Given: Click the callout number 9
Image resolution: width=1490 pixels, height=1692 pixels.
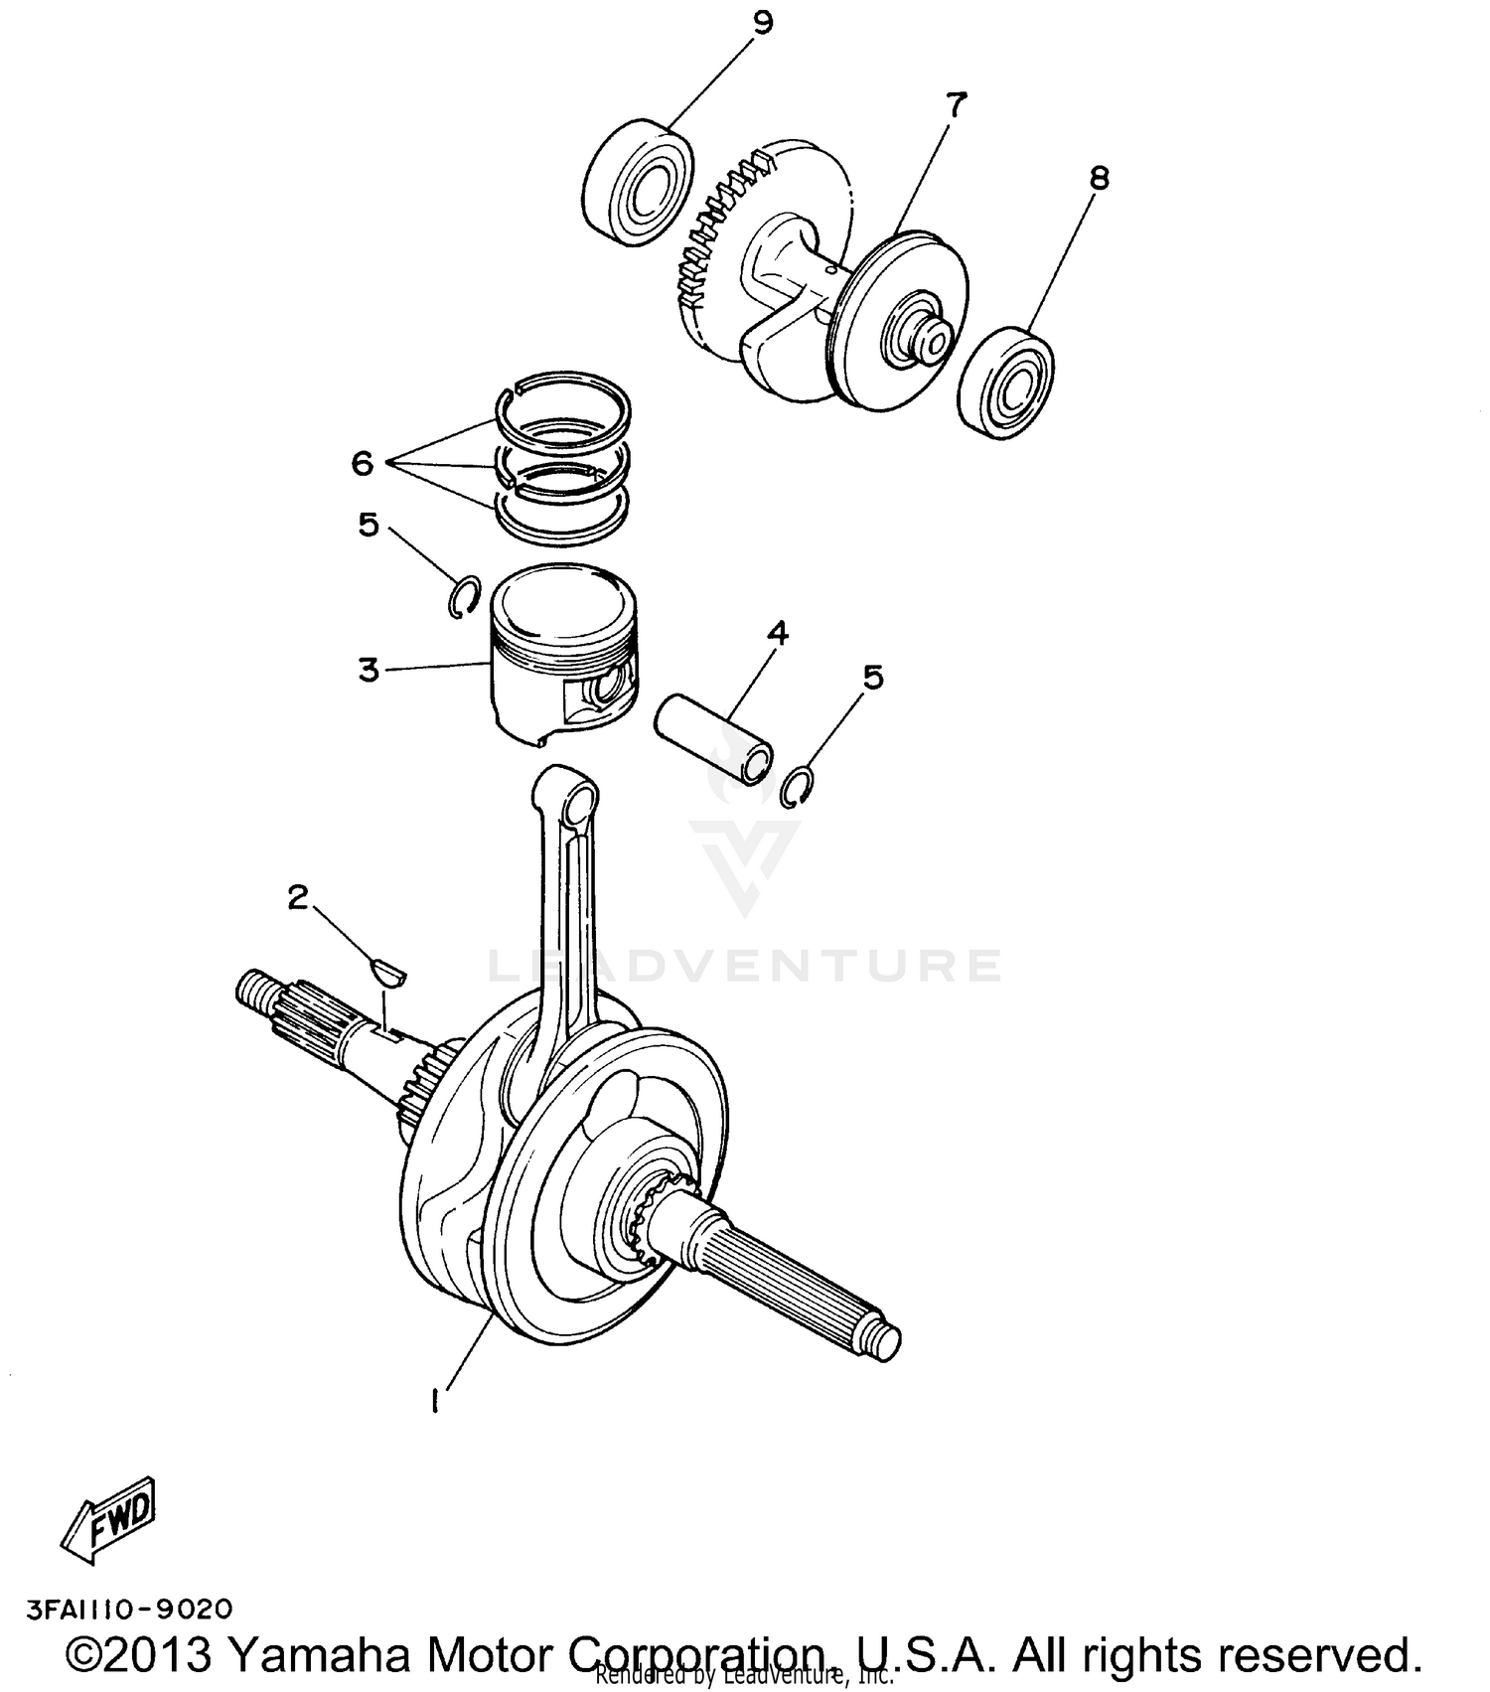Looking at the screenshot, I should tap(762, 23).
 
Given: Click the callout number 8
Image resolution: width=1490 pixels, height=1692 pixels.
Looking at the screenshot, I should tap(1099, 178).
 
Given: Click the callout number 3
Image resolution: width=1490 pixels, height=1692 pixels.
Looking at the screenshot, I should tap(369, 670).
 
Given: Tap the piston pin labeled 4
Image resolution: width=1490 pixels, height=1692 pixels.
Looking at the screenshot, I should tap(713, 737).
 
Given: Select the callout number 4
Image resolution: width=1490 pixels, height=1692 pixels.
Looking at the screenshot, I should tap(777, 632).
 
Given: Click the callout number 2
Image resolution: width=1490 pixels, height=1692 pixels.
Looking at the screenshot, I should tap(297, 897).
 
